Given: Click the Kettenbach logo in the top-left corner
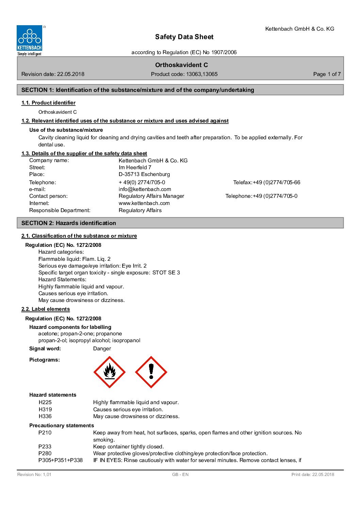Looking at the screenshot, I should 30,41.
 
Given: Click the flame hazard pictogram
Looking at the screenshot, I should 109,372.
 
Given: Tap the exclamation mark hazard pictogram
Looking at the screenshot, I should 151,372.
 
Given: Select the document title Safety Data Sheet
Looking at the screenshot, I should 184,37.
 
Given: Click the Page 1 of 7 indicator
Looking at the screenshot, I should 327,74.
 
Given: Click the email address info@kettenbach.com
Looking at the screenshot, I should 145,189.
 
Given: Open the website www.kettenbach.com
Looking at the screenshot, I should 144,203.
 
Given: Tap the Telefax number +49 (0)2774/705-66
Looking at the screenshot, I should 276,182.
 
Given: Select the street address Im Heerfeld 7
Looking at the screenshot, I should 135,168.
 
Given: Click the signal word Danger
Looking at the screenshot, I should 102,349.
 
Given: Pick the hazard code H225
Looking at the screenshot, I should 45,402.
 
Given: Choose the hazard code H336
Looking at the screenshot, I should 45,416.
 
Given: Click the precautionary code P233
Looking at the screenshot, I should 45,447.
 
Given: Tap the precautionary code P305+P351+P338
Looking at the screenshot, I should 61,460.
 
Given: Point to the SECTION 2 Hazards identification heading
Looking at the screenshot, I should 69,223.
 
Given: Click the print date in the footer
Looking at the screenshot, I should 313,475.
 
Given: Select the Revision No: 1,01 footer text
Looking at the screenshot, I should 34,475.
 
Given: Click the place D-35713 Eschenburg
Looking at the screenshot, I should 144,174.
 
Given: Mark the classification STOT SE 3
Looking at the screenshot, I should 166,273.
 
